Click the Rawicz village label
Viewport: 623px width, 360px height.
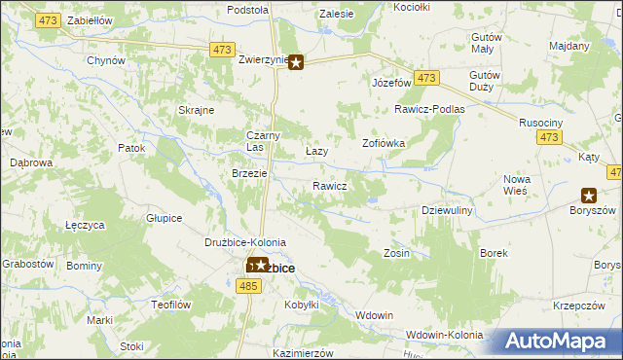(330, 186)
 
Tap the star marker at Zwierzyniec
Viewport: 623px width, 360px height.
(296, 64)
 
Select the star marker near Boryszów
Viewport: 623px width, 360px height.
(588, 195)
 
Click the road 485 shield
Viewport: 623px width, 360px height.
(248, 285)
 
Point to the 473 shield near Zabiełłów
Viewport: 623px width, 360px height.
(49, 19)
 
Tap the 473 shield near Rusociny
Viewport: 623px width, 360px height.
(548, 139)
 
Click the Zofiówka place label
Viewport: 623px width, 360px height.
(384, 142)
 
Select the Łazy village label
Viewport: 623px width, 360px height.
(316, 153)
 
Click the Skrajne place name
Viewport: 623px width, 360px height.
(196, 110)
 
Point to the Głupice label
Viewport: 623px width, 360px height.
(165, 218)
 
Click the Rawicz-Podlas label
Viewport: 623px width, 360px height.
(429, 109)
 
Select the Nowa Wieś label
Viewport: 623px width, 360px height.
(516, 185)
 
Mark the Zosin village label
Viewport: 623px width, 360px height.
(396, 253)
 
